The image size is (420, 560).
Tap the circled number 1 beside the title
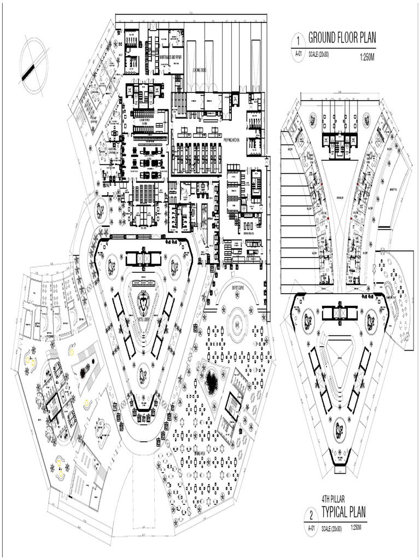click(298, 40)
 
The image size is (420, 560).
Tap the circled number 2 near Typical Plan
click(311, 515)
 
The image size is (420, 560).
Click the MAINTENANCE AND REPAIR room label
click(171, 56)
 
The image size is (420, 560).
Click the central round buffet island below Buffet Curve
click(237, 324)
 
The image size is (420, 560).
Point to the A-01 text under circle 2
click(311, 528)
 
